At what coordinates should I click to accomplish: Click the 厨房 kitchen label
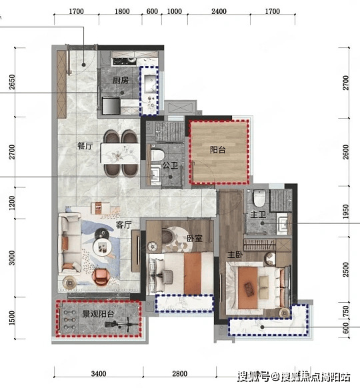(x=121, y=80)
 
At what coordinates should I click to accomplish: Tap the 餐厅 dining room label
(x=85, y=146)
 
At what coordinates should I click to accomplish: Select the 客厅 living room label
(x=124, y=225)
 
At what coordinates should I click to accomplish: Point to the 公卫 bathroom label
(x=170, y=165)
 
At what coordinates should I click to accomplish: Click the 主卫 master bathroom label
(x=258, y=214)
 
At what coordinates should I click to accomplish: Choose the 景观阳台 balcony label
(x=98, y=314)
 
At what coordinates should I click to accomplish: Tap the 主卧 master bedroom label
(x=235, y=255)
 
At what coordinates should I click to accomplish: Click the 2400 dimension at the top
(x=219, y=11)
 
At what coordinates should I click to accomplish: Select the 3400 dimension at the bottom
(x=99, y=373)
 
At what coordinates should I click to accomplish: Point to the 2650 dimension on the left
(x=11, y=82)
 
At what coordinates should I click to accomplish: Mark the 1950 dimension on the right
(x=346, y=211)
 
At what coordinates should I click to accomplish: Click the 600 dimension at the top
(x=152, y=11)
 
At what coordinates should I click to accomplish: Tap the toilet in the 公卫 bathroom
(x=158, y=155)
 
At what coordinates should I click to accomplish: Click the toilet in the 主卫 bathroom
(x=259, y=198)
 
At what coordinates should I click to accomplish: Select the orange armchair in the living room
(x=101, y=277)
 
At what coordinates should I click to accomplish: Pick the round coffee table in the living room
(x=102, y=247)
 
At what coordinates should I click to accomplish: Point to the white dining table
(x=120, y=153)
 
